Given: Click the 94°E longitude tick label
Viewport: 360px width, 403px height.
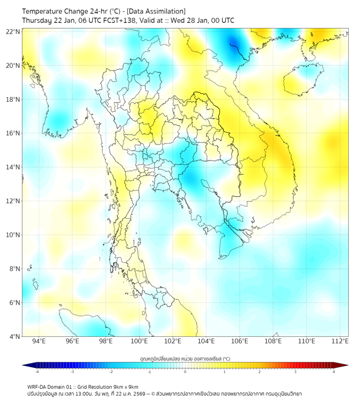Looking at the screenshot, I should click(39, 341).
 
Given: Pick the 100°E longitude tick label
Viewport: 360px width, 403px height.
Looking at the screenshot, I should click(140, 341).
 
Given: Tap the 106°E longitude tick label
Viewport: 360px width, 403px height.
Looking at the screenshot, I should click(240, 341).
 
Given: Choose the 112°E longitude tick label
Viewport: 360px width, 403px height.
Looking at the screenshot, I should click(341, 341).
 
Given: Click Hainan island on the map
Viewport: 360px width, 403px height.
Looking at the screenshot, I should click(301, 80).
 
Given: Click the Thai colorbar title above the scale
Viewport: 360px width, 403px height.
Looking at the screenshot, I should click(185, 358).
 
